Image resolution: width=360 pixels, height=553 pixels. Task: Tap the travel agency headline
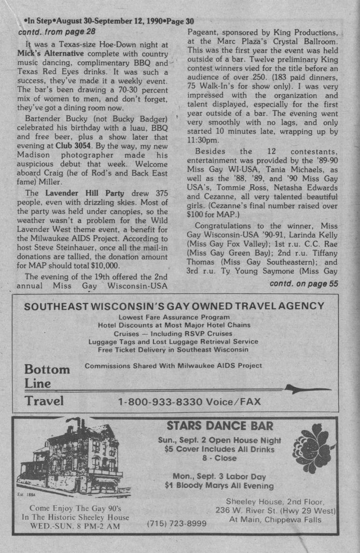pos(174,306)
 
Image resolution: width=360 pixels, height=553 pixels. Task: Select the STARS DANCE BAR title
pos(220,426)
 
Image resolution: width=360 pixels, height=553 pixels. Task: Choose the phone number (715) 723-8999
pos(177,523)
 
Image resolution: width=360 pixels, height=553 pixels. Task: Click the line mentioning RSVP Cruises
pos(173,333)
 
